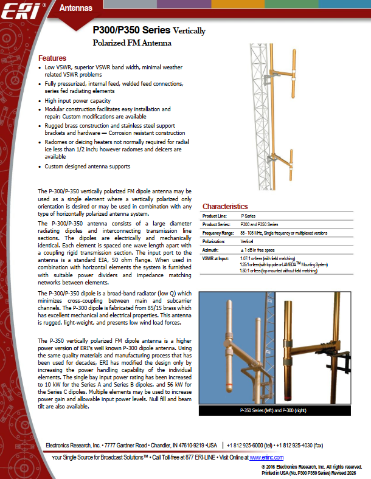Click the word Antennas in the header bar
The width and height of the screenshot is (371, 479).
(76, 8)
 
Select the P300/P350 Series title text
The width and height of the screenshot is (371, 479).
(128, 30)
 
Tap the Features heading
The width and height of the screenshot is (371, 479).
(52, 58)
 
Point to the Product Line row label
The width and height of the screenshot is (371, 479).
(214, 216)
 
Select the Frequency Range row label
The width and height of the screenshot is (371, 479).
(218, 233)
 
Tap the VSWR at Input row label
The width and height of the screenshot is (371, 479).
(215, 258)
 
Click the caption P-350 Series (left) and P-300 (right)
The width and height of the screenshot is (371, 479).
(275, 412)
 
